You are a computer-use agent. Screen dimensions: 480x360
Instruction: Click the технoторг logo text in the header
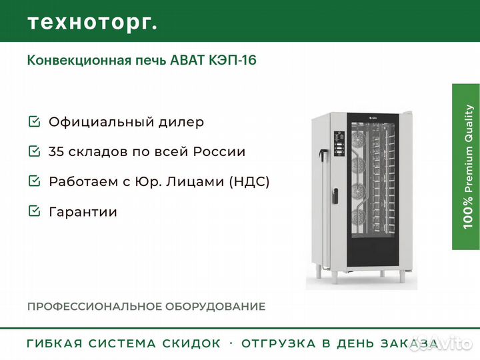coord(93,23)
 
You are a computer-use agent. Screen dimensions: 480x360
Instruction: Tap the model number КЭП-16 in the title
coord(233,60)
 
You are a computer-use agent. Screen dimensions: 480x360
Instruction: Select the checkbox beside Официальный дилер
coord(34,121)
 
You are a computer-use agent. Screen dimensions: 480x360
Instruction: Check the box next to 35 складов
coord(34,151)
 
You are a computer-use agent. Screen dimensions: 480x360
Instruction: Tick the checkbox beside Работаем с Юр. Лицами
coord(34,181)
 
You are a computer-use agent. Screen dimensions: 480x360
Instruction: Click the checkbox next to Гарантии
coord(34,211)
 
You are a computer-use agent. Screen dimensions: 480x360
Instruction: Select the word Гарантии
coord(83,212)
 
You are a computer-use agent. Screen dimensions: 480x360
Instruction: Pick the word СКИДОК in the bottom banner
coord(191,343)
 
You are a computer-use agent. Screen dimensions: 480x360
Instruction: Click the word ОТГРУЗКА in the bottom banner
coord(279,343)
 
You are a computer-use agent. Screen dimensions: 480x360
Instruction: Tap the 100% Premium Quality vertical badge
coord(466,167)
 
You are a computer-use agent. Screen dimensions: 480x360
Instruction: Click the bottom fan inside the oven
coord(357,218)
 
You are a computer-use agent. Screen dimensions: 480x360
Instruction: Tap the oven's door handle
coord(335,196)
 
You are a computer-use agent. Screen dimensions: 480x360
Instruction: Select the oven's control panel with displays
coord(339,143)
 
